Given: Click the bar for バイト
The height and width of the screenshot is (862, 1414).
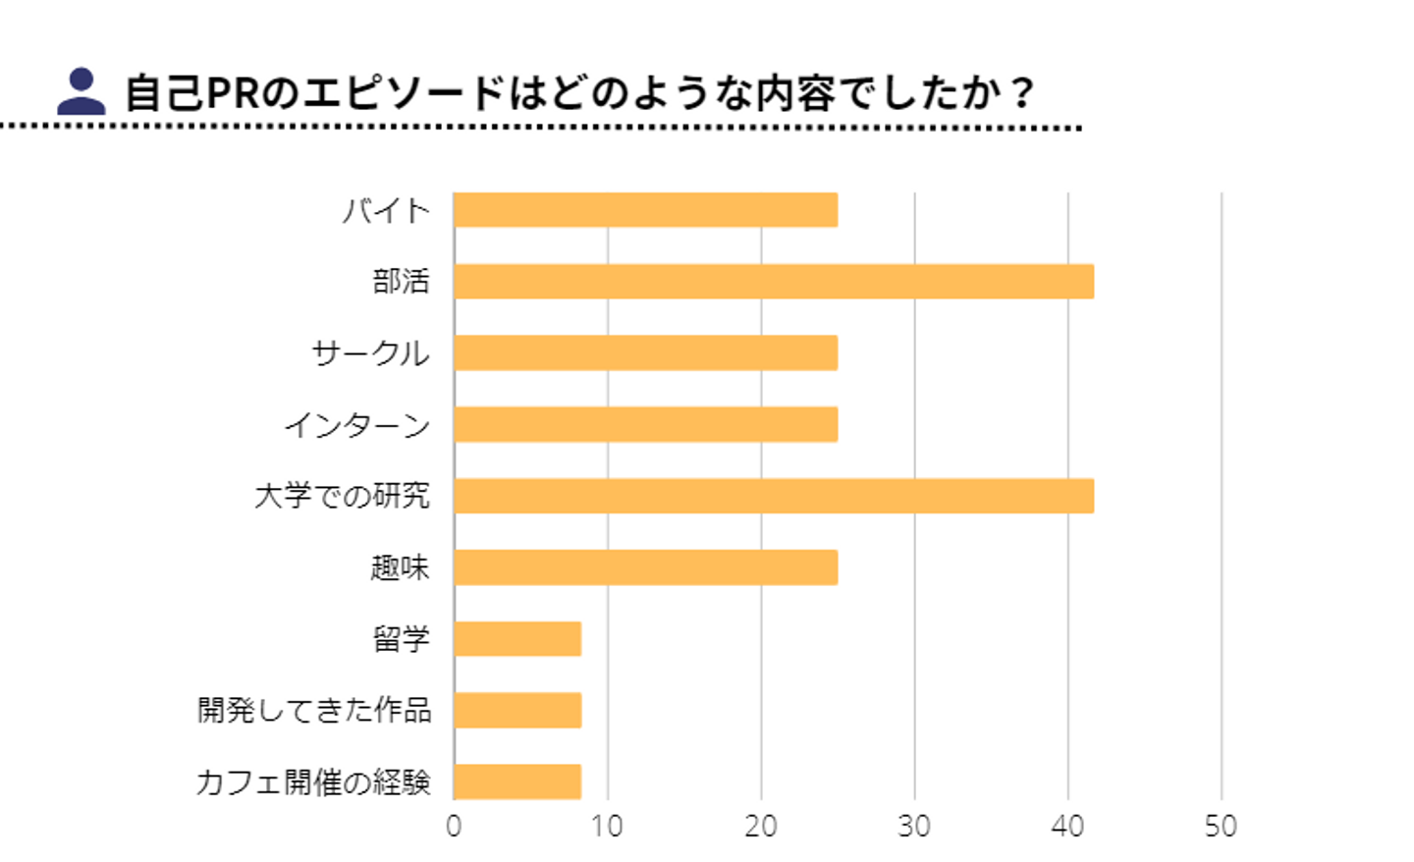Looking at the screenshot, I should (645, 210).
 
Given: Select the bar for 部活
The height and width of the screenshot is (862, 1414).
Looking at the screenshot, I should (774, 282).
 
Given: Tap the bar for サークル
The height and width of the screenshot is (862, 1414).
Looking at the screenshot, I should (645, 353).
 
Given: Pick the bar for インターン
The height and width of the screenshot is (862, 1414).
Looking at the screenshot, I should (645, 424).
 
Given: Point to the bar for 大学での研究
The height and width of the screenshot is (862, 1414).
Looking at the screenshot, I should (774, 496).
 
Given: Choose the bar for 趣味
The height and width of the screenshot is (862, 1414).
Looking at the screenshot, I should (645, 567).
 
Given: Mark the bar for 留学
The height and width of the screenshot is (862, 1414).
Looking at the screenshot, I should (517, 639).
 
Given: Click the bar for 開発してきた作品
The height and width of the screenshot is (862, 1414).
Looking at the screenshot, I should (517, 710).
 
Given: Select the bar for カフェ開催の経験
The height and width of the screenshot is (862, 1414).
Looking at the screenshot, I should (517, 781).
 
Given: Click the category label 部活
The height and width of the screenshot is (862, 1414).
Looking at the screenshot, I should (401, 282).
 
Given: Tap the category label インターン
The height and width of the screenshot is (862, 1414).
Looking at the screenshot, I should (357, 425).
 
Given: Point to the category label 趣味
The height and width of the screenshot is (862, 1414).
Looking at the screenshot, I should (400, 567).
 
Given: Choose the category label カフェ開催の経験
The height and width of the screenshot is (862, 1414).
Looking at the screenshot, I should (313, 782).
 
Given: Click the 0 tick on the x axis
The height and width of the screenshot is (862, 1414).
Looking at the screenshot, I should (454, 827).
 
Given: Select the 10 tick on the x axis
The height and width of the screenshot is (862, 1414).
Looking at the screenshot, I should (607, 827).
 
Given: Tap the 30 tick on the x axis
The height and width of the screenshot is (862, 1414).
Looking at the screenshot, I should (914, 827).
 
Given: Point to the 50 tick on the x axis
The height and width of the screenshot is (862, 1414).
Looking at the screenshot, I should (1221, 827).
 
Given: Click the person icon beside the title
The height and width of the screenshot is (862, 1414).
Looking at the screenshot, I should (82, 91).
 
